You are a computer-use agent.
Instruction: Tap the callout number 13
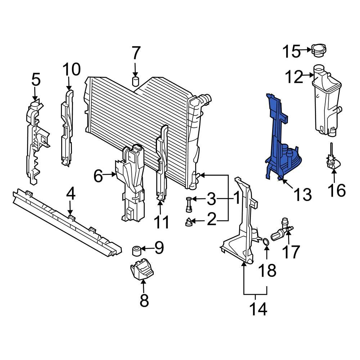[x=302, y=195]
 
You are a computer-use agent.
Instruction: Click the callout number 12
[x=294, y=77]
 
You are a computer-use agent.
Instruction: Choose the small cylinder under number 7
[x=136, y=81]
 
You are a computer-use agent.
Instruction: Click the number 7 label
[x=135, y=54]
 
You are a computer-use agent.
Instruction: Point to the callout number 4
[x=71, y=195]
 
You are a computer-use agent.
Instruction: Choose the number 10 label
[x=72, y=70]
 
